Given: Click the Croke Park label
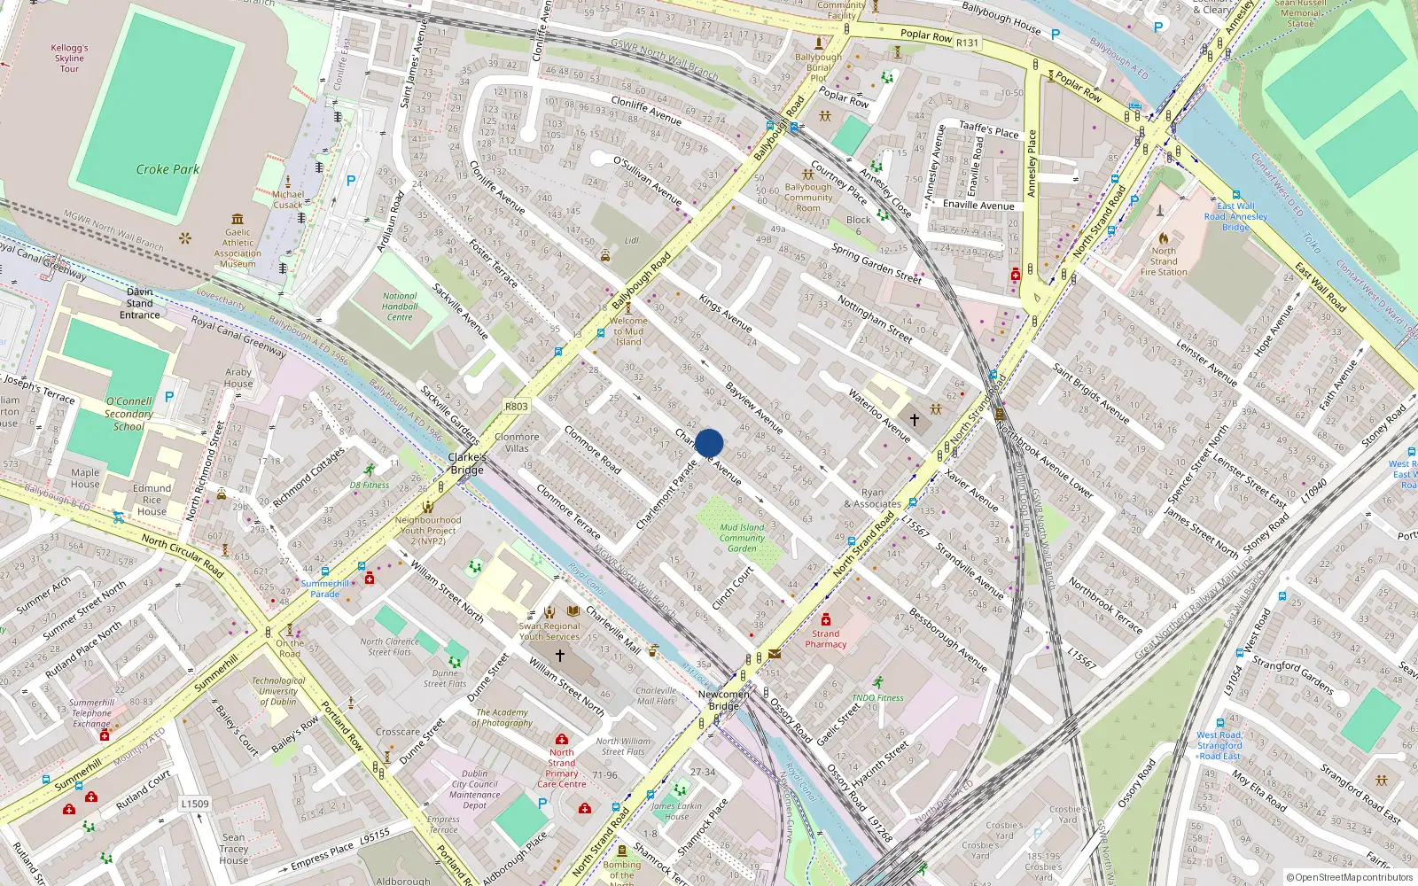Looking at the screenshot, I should [x=168, y=169].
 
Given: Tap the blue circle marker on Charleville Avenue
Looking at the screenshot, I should [x=709, y=443].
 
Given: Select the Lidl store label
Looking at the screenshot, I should [x=631, y=240].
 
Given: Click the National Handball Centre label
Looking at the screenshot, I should [x=400, y=307].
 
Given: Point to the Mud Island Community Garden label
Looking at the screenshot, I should [x=742, y=538].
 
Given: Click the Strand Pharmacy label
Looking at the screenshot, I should [x=825, y=639].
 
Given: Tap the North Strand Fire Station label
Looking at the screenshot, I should [x=1164, y=261].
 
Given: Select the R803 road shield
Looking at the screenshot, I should [x=517, y=407].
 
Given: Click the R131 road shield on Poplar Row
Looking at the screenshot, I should [x=967, y=43].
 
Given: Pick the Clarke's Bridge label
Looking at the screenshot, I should [x=467, y=463].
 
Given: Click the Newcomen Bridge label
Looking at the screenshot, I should [x=723, y=700].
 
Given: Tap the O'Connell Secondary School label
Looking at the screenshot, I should [x=129, y=414].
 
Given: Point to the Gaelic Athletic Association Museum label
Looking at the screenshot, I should [x=238, y=248].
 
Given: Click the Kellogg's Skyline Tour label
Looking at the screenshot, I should [x=69, y=58].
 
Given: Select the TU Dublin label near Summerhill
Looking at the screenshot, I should [x=278, y=691].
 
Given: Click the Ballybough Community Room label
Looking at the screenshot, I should [x=808, y=198].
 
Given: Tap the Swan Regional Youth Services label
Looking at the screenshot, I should [x=549, y=631].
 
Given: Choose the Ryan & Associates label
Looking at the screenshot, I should [x=873, y=498].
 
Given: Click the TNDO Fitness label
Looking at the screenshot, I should [x=877, y=697].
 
